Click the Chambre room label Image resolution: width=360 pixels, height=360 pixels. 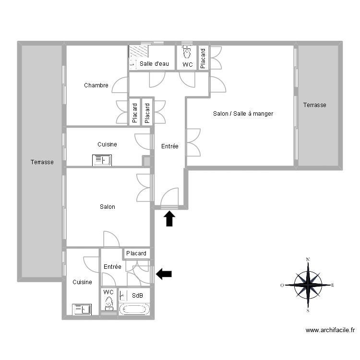pyautogui.click(x=96, y=85)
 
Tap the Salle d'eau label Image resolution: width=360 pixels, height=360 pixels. pyautogui.click(x=153, y=64)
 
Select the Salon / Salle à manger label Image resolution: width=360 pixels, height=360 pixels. pyautogui.click(x=243, y=114)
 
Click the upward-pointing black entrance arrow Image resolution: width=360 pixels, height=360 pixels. pyautogui.click(x=169, y=219)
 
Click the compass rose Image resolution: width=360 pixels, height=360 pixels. pyautogui.click(x=308, y=285)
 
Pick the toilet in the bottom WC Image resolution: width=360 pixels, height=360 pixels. pyautogui.click(x=109, y=302)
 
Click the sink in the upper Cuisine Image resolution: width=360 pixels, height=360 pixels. pyautogui.click(x=102, y=160)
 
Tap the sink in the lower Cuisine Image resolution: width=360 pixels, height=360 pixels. pyautogui.click(x=82, y=310)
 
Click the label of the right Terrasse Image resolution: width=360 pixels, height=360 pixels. pyautogui.click(x=314, y=105)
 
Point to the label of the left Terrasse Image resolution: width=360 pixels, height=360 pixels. pyautogui.click(x=42, y=162)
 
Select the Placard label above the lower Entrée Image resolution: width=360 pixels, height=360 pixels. pyautogui.click(x=136, y=253)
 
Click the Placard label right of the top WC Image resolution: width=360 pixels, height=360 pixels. pyautogui.click(x=203, y=58)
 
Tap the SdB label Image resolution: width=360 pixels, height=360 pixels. pyautogui.click(x=137, y=296)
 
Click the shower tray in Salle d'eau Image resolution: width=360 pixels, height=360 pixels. pyautogui.click(x=139, y=51)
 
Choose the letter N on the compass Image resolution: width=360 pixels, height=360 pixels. pyautogui.click(x=308, y=259)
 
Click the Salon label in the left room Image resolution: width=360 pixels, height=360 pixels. pyautogui.click(x=107, y=207)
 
